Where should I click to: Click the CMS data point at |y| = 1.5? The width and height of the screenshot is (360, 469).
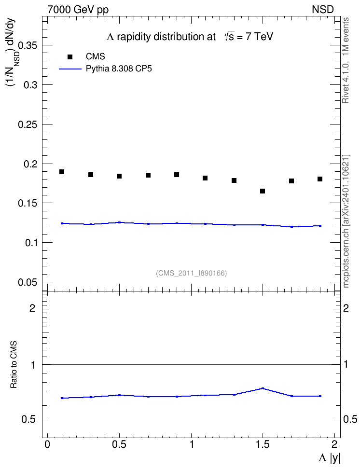click(263, 191)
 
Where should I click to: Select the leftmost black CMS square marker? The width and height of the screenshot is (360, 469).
click(62, 172)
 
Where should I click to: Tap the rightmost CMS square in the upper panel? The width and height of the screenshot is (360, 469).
click(320, 179)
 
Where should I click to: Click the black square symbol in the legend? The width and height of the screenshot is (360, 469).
click(70, 57)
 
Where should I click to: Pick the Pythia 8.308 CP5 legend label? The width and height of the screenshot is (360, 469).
click(119, 69)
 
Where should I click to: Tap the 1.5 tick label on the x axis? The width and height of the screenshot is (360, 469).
click(263, 444)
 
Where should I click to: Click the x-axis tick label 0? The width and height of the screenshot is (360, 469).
click(47, 444)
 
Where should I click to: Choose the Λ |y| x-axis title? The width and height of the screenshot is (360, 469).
click(329, 458)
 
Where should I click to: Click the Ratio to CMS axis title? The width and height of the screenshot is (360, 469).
click(14, 365)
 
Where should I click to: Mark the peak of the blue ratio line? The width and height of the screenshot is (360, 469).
click(263, 388)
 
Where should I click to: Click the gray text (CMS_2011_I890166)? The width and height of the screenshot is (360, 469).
click(191, 273)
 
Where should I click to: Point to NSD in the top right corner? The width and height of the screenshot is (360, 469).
click(322, 10)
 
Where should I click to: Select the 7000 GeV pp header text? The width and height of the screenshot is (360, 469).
click(78, 10)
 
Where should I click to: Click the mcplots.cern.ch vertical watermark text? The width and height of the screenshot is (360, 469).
click(346, 221)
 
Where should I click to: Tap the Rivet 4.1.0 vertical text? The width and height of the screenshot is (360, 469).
click(346, 60)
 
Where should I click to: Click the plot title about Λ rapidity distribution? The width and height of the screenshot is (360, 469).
click(190, 37)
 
